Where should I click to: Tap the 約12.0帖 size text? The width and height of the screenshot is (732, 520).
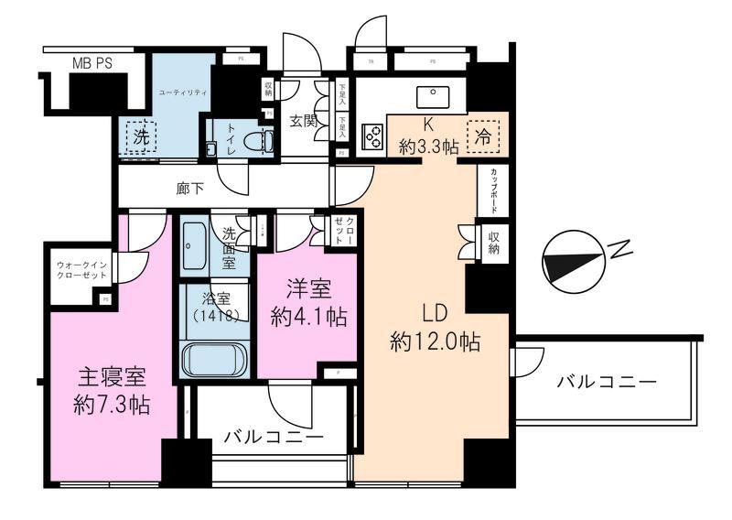(x=435, y=342)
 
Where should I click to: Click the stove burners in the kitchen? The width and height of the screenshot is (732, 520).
(x=373, y=135)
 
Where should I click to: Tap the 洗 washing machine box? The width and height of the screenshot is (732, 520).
(x=141, y=140)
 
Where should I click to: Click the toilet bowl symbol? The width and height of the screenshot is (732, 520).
(x=264, y=141)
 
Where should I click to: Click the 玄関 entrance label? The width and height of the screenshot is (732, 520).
(x=305, y=121)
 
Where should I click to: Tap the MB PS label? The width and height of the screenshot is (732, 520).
(x=92, y=63)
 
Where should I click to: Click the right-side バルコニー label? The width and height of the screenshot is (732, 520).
(x=607, y=381)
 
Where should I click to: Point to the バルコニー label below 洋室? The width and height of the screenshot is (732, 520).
(x=274, y=438)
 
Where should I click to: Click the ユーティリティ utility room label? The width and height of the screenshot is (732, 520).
(x=183, y=93)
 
